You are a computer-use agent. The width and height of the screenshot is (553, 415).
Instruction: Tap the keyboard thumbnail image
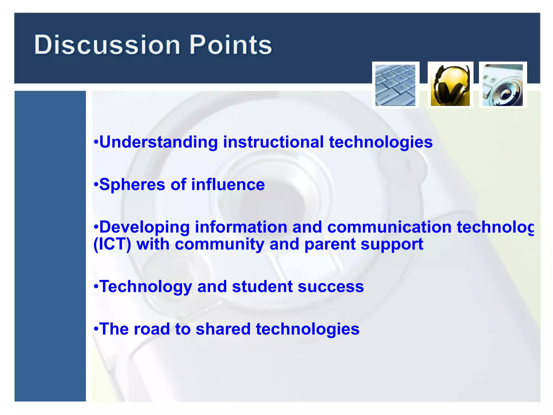pyautogui.click(x=395, y=85)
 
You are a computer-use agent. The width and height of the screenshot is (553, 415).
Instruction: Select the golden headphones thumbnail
pyautogui.click(x=450, y=85)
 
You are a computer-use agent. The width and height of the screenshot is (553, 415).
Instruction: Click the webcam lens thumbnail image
pyautogui.click(x=503, y=85)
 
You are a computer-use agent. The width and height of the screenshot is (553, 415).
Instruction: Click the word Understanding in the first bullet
pyautogui.click(x=159, y=142)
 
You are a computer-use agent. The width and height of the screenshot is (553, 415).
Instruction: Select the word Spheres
pyautogui.click(x=132, y=185)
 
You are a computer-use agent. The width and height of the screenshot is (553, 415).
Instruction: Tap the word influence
pyautogui.click(x=228, y=185)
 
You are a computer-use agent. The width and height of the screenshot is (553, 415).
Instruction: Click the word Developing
pyautogui.click(x=144, y=227)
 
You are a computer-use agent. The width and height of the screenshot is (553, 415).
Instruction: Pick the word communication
pyautogui.click(x=389, y=227)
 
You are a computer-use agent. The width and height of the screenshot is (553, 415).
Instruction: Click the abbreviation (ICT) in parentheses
pyautogui.click(x=112, y=244)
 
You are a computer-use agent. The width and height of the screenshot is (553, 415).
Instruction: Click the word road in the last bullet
pyautogui.click(x=151, y=329)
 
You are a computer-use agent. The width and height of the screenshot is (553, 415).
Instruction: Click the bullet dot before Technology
pyautogui.click(x=96, y=286)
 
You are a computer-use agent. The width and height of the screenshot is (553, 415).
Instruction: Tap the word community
pyautogui.click(x=220, y=244)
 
